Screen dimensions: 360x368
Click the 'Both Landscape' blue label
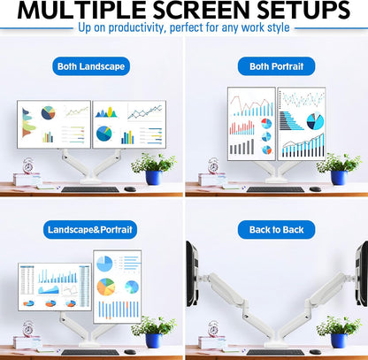(x=90, y=66)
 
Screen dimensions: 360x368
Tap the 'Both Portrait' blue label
(x=276, y=66)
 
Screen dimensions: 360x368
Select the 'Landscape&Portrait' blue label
(x=90, y=230)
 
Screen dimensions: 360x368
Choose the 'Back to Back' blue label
(x=276, y=230)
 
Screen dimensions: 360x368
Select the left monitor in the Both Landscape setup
(x=52, y=124)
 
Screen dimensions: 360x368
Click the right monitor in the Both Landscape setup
(x=129, y=124)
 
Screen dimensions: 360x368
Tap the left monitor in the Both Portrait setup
(x=251, y=123)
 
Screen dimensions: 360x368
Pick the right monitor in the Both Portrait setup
(x=302, y=123)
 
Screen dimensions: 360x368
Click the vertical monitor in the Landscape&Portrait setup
(x=117, y=286)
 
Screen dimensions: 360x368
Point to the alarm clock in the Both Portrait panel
(x=213, y=165)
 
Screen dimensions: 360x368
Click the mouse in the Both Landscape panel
(x=130, y=188)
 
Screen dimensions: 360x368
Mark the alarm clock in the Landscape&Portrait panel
(x=27, y=329)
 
